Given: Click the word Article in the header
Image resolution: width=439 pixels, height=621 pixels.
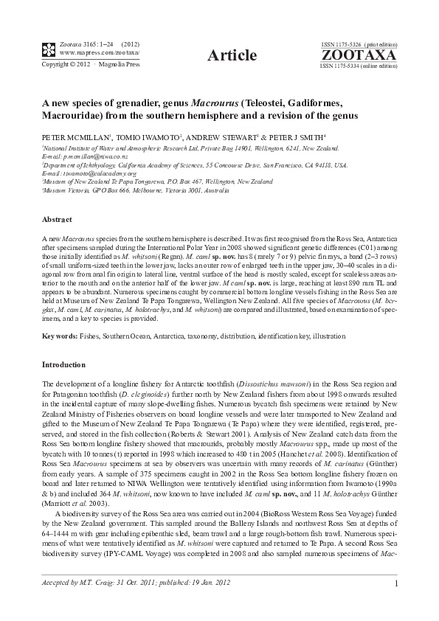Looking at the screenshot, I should [232, 55].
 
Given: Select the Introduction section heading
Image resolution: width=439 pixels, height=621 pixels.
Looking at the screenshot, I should [64, 364].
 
